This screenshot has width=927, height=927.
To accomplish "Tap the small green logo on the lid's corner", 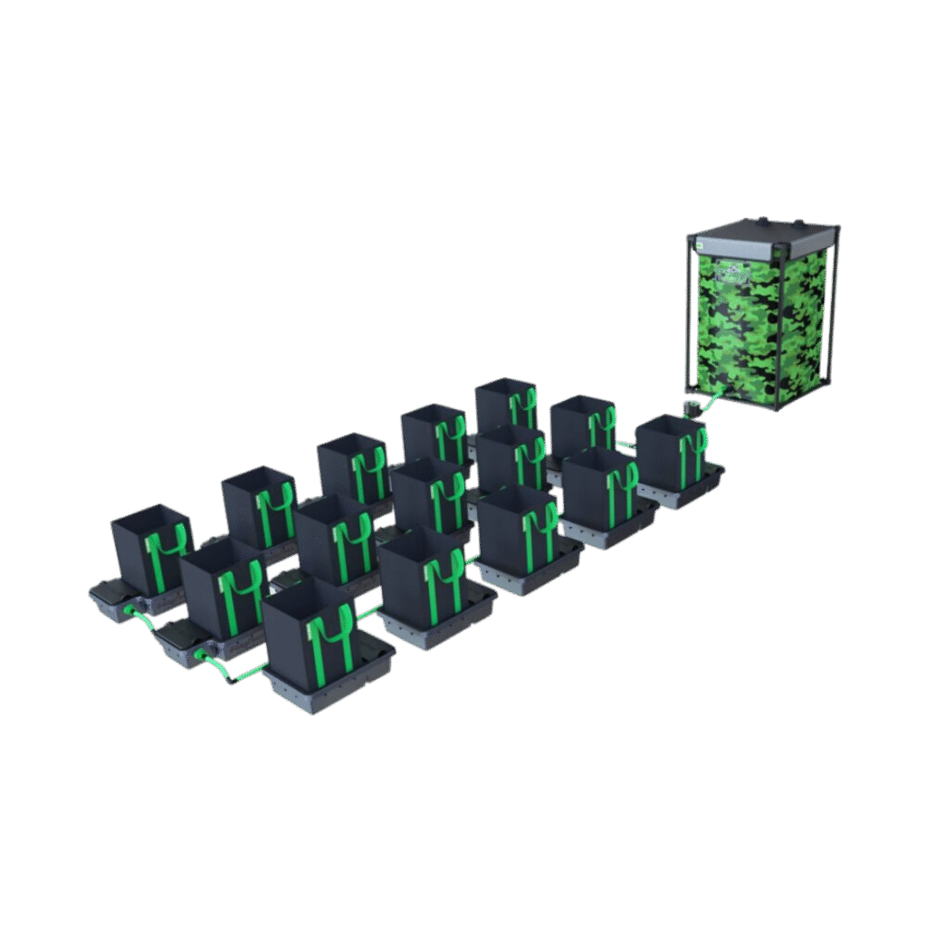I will (700, 243).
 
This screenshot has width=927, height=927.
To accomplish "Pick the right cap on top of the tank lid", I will (799, 224).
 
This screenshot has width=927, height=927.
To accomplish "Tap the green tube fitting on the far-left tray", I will (130, 612).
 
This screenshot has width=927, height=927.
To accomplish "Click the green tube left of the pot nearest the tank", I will (626, 444).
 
